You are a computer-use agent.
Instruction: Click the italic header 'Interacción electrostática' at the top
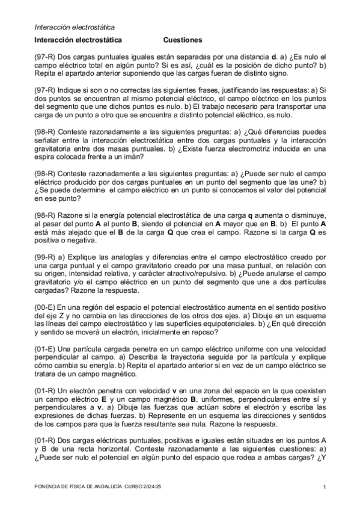[75, 27]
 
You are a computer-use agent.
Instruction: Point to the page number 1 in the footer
[324, 487]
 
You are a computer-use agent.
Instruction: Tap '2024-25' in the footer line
[153, 487]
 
